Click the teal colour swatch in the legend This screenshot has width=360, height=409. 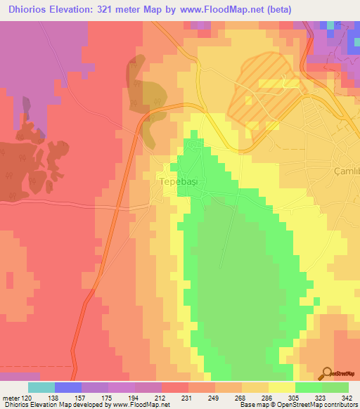pyautogui.click(x=41, y=387)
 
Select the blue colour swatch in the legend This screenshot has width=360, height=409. pyautogui.click(x=68, y=387)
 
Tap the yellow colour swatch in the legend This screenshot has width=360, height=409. pyautogui.click(x=281, y=387)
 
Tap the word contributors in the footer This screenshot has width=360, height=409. pyautogui.click(x=339, y=405)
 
